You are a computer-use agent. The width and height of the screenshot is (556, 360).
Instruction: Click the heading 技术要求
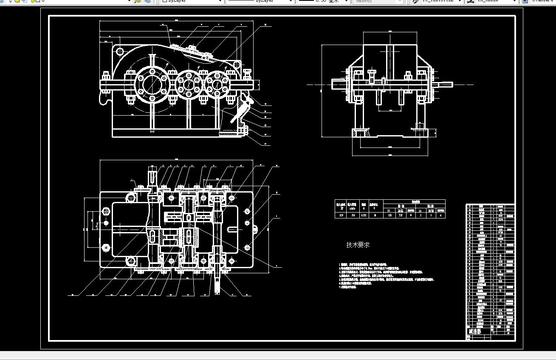pyautogui.click(x=358, y=245)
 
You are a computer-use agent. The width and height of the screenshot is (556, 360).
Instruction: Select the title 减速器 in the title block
pyautogui.click(x=475, y=331)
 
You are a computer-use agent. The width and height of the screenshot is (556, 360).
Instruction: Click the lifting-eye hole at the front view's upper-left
pyautogui.click(x=119, y=51)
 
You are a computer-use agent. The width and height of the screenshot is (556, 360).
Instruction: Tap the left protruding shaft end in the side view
pyautogui.click(x=338, y=84)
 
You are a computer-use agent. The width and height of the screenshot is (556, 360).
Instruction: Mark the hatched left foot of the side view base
pyautogui.click(x=361, y=133)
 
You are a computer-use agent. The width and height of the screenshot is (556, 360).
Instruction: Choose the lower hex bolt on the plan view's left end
pyautogui.click(x=106, y=247)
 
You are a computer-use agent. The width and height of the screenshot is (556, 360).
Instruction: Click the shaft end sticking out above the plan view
pyautogui.click(x=152, y=175)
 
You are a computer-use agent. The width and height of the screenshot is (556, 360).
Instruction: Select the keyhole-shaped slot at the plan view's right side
pyautogui.click(x=233, y=230)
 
